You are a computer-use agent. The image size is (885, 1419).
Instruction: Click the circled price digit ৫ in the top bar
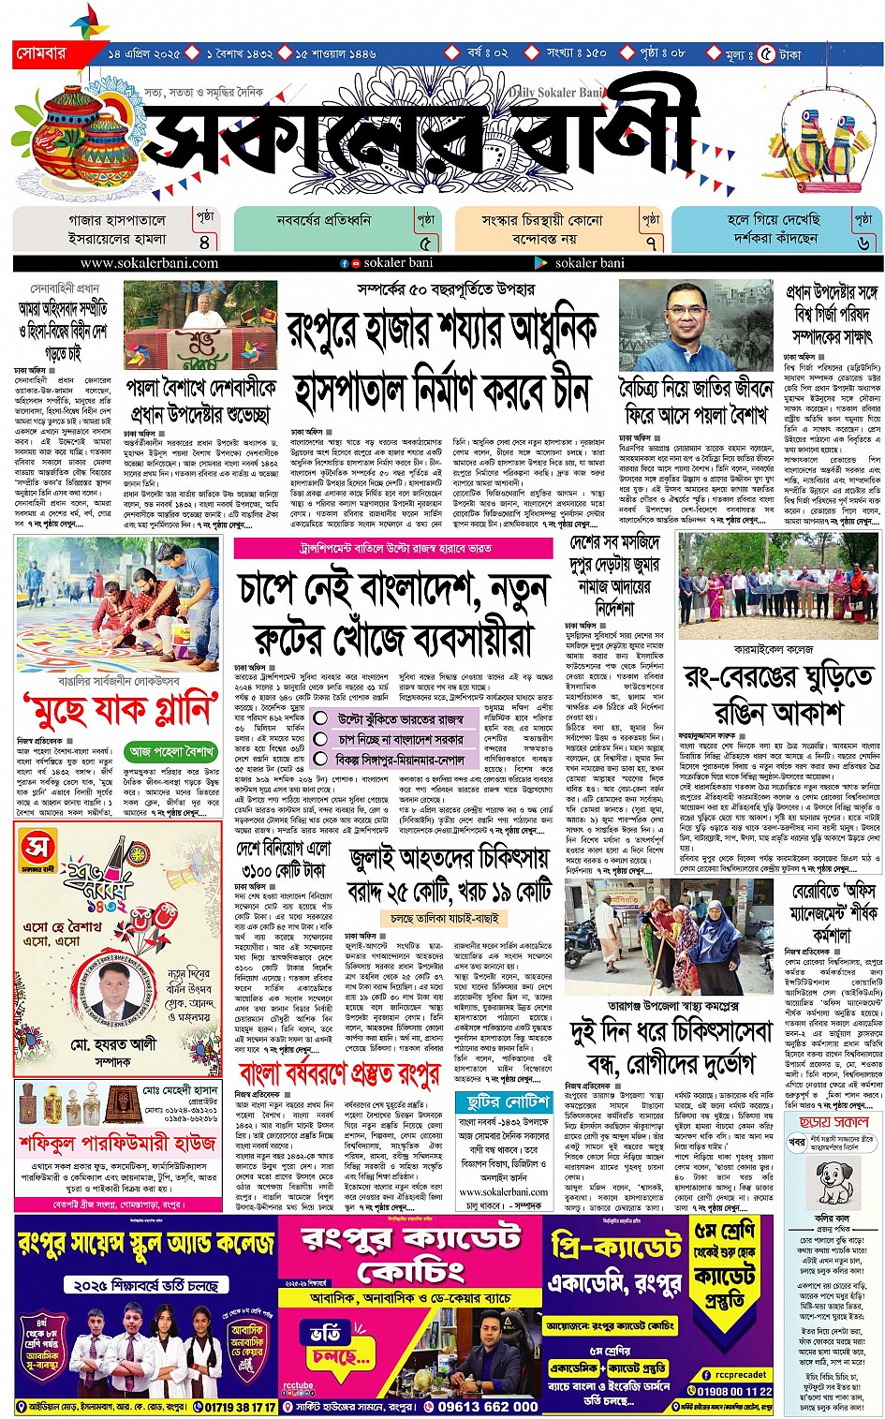coord(768,54)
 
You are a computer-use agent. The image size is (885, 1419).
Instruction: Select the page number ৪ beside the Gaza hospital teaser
coord(204,242)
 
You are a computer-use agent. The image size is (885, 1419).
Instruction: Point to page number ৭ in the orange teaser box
coord(651,242)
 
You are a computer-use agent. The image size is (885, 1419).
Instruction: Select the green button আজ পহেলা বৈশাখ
coord(173,751)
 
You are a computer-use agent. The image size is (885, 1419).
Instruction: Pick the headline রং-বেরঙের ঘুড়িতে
coord(777,676)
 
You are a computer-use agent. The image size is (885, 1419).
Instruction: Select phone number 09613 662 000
coord(488,1406)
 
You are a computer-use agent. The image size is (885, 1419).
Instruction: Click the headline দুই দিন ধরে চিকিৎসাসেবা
coord(671,1031)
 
